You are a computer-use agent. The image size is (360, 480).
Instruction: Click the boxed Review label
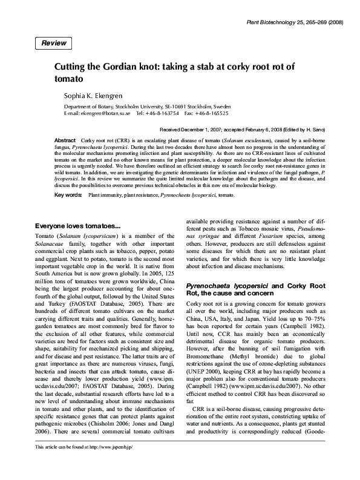click(54, 43)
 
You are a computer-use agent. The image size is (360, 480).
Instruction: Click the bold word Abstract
click(65, 139)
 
